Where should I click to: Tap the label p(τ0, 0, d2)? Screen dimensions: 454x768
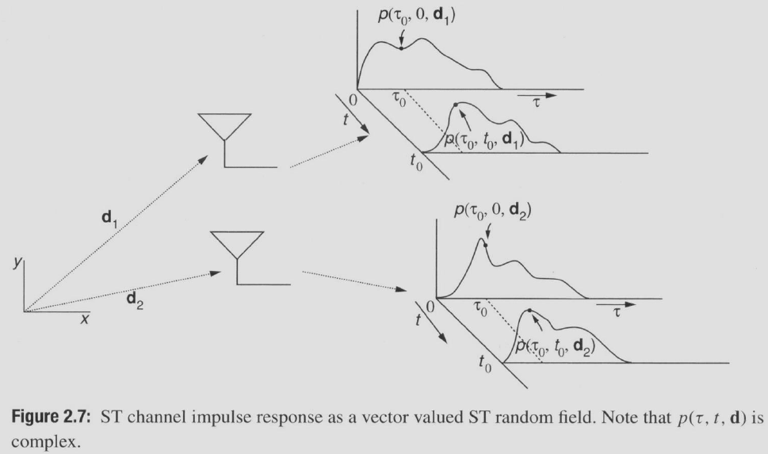(x=492, y=210)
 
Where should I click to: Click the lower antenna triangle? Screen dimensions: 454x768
(x=237, y=245)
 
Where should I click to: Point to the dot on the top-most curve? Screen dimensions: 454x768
(x=402, y=48)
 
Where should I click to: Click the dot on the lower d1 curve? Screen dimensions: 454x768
(x=455, y=104)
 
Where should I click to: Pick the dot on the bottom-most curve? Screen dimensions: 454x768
(x=529, y=311)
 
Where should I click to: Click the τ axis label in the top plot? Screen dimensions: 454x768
(x=537, y=102)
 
